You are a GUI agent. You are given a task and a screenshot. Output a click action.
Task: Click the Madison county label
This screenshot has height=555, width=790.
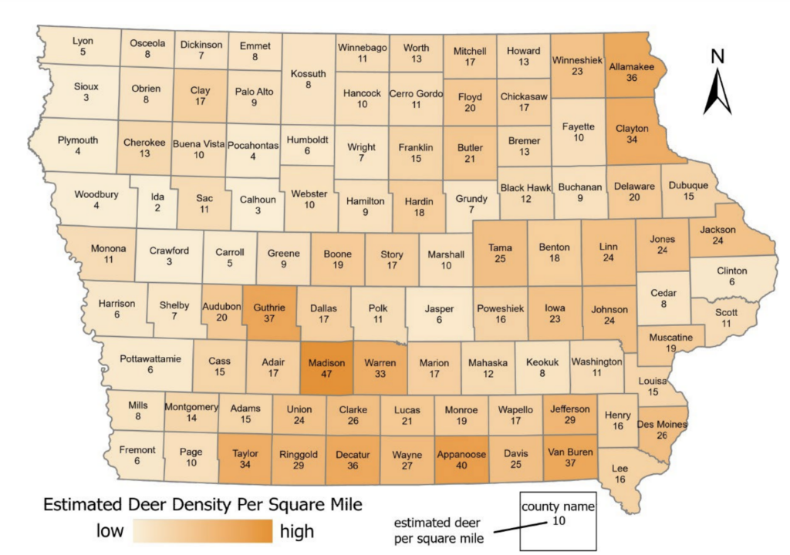click(x=327, y=363)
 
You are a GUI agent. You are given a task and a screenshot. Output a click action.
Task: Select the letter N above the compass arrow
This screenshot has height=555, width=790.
click(x=717, y=55)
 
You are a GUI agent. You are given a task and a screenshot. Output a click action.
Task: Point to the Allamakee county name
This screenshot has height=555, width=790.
click(x=631, y=67)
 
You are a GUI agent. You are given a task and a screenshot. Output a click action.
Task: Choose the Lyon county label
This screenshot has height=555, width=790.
click(x=83, y=41)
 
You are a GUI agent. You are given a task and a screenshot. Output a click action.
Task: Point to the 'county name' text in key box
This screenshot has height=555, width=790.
click(x=558, y=506)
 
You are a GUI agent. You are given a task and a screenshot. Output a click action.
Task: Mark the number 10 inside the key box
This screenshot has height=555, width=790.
click(x=558, y=521)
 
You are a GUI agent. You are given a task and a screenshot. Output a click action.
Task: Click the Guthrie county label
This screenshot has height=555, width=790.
click(x=269, y=307)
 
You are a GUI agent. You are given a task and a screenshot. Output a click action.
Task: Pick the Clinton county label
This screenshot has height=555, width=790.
click(x=731, y=271)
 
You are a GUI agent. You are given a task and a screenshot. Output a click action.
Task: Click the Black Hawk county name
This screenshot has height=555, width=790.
click(x=525, y=187)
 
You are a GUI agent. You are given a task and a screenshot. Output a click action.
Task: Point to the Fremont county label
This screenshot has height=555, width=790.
click(x=137, y=449)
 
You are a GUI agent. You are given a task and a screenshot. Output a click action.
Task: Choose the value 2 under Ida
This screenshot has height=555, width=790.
click(x=157, y=208)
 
